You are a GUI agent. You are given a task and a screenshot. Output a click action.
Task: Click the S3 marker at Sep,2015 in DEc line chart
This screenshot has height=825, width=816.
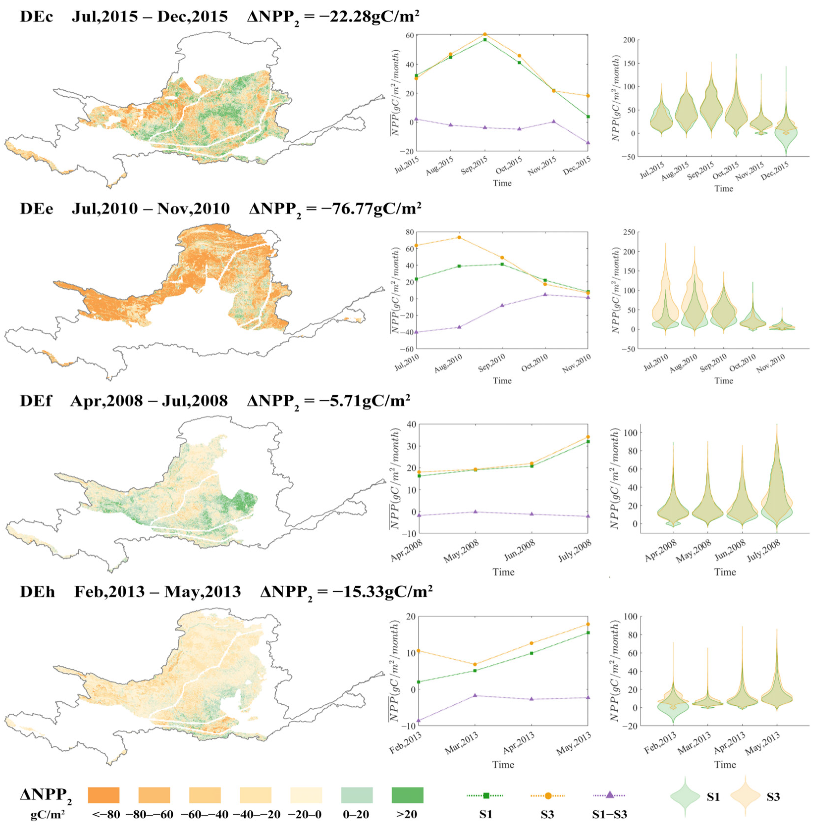485,34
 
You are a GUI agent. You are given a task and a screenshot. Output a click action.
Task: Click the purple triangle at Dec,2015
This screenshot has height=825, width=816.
588,143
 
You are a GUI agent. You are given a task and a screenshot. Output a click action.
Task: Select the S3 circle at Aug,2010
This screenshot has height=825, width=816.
459,237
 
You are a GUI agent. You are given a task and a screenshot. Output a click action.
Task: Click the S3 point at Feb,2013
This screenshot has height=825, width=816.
418,651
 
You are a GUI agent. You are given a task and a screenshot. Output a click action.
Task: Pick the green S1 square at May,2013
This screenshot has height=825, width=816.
588,632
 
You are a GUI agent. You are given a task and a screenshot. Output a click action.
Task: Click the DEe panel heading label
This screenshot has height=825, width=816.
36,208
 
